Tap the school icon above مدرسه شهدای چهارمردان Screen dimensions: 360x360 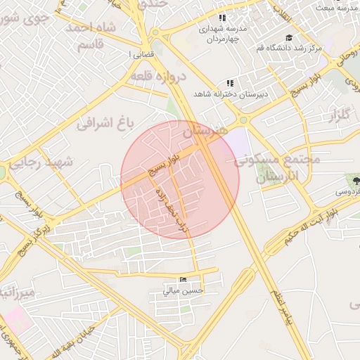click(222, 18)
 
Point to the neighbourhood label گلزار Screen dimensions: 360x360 click(338, 115)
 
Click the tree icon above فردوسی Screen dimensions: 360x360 click(356, 179)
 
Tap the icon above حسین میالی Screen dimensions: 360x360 click(184, 280)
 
